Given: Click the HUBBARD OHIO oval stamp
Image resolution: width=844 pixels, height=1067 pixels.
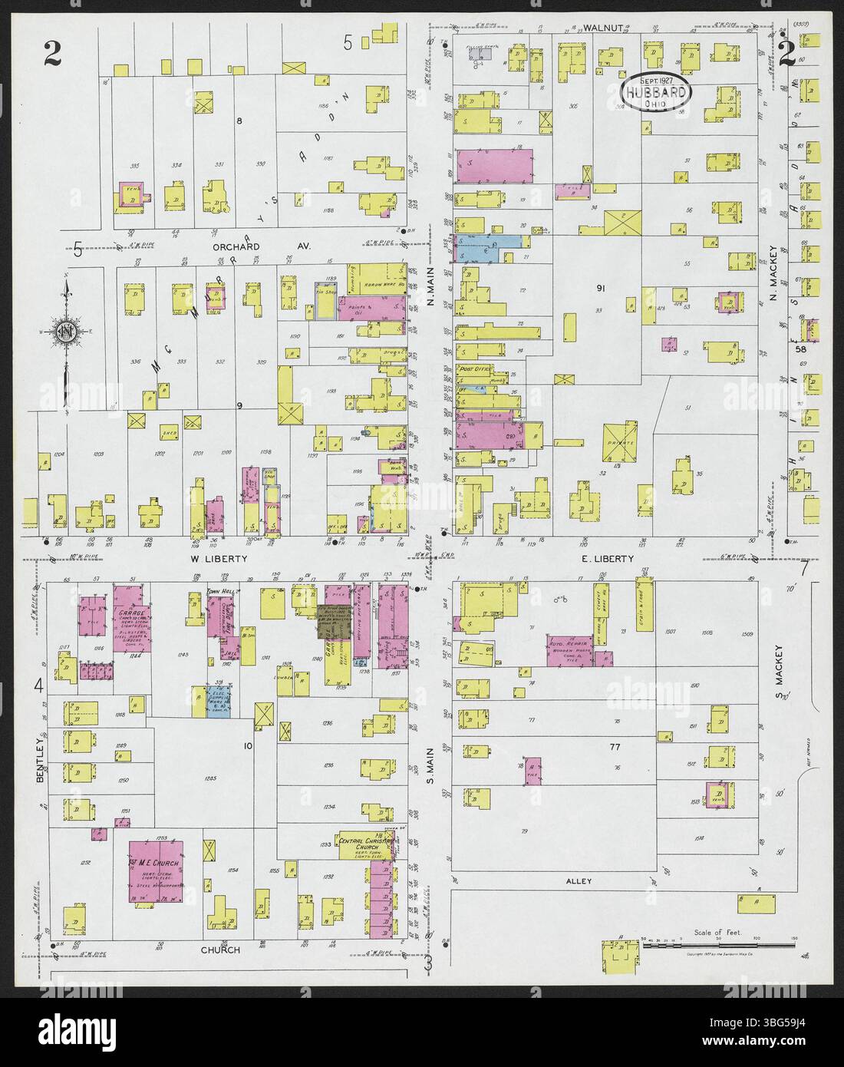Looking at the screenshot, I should tap(656, 92).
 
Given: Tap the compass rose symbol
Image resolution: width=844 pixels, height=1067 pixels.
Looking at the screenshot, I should tap(66, 332).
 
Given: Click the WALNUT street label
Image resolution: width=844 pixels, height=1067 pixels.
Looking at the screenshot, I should tap(602, 28).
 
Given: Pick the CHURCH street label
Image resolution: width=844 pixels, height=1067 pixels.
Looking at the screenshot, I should tap(220, 950).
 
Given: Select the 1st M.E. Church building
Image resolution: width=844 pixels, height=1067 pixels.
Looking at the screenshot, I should tap(156, 870).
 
